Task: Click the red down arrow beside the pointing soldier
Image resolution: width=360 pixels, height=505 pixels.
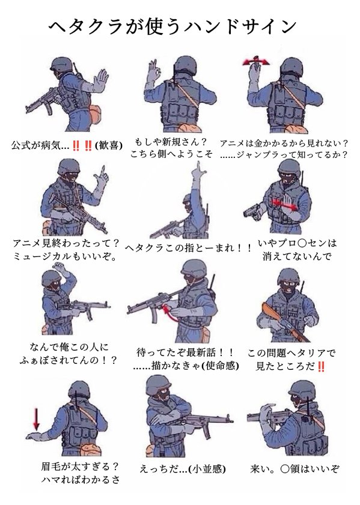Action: [x=37, y=419]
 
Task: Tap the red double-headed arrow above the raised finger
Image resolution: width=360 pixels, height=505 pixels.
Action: [x=256, y=62]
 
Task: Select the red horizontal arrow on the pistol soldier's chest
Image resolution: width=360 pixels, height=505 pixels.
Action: [x=284, y=204]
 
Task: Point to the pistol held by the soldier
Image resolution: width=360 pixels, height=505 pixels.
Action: [x=253, y=213]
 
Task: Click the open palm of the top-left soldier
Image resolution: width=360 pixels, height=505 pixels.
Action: [x=100, y=80]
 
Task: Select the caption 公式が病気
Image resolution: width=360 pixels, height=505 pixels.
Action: [x=40, y=145]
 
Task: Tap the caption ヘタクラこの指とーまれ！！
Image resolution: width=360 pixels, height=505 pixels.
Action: [x=188, y=249]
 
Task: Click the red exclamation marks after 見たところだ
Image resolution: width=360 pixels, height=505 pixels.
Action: [x=320, y=366]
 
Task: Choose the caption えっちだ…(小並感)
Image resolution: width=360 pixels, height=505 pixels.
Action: [x=183, y=468]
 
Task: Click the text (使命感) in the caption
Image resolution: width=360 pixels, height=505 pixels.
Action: [x=221, y=366]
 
